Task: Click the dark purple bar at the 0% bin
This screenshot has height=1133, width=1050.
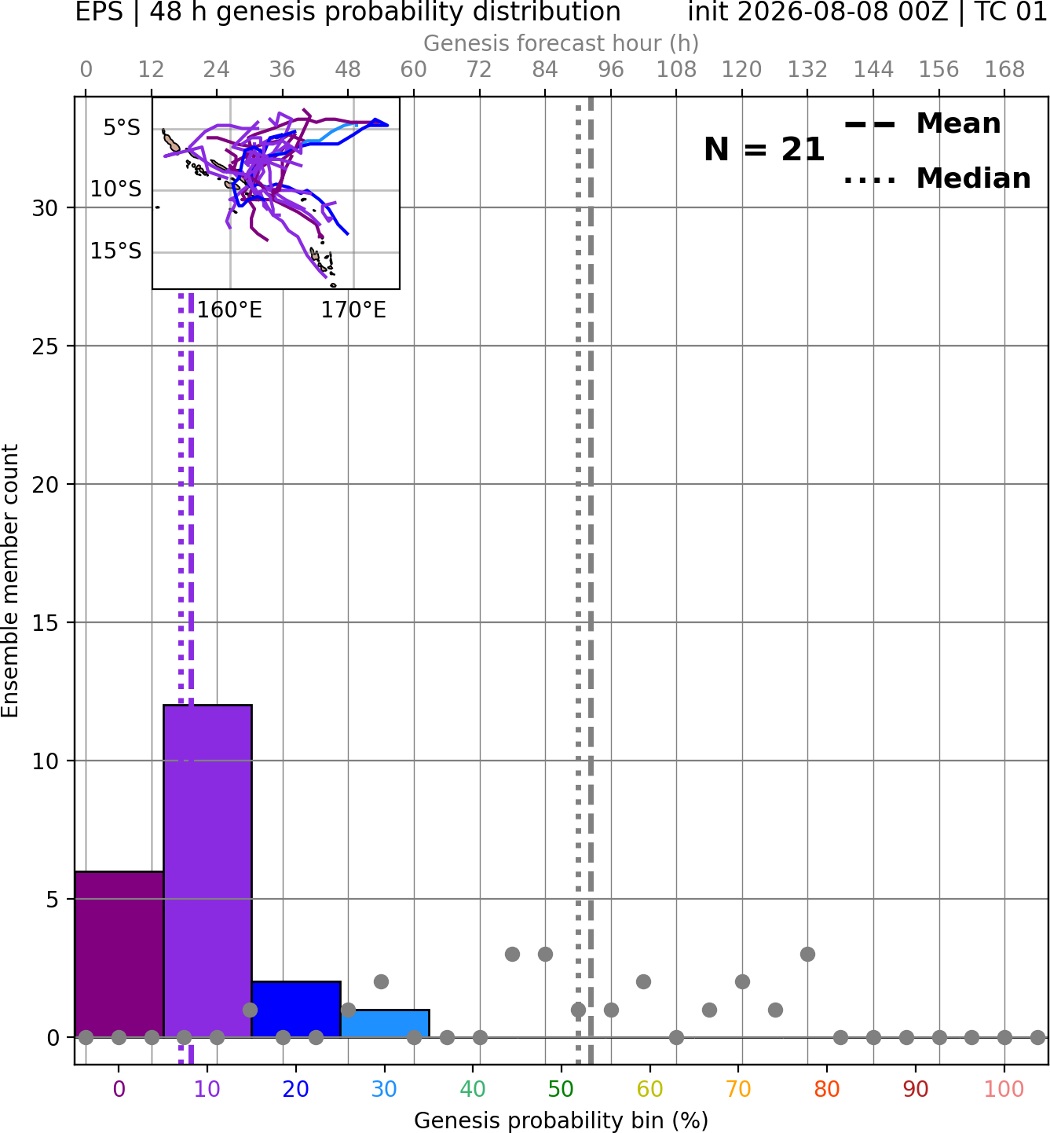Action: (x=119, y=955)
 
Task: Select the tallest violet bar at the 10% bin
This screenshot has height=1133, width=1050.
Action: (x=207, y=871)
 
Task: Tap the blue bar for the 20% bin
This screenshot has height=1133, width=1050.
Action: (x=296, y=1010)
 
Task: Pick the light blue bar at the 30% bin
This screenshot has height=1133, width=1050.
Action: (x=385, y=1024)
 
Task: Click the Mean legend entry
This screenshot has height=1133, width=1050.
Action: (x=922, y=124)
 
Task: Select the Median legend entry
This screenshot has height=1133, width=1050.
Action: (x=938, y=178)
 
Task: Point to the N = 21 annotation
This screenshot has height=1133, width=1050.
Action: (x=764, y=149)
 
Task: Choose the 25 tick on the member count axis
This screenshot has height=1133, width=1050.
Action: (x=46, y=346)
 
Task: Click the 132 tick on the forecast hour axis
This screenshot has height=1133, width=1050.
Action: (x=807, y=70)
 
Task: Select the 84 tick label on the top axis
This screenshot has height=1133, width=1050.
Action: (x=545, y=70)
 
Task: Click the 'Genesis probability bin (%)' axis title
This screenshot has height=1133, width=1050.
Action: (x=562, y=1120)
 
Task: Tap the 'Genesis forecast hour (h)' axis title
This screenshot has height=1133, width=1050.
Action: (x=562, y=43)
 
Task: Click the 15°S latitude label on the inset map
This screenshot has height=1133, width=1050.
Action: (x=115, y=251)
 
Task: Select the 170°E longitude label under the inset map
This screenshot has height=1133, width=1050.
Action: (x=353, y=310)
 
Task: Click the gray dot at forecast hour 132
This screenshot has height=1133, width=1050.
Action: (x=807, y=954)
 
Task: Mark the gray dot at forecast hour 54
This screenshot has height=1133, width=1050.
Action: (x=382, y=982)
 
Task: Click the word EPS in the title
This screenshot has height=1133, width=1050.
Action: (x=99, y=12)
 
